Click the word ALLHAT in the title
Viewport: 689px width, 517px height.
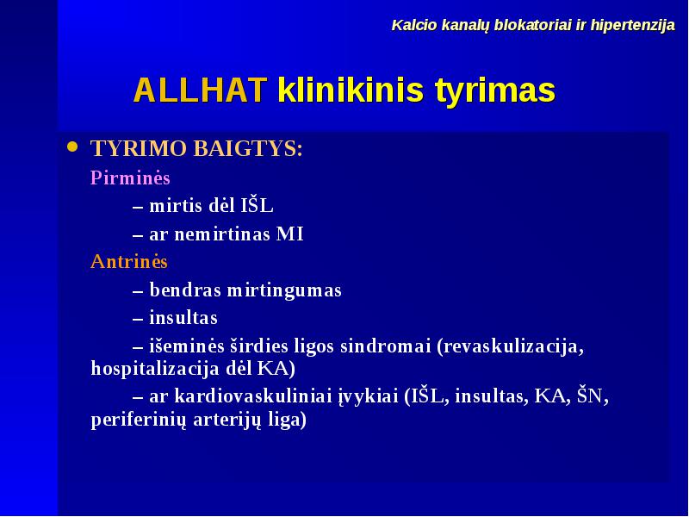pos(201,90)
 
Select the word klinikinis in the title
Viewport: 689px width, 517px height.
pos(351,90)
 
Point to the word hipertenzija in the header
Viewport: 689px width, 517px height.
pos(632,26)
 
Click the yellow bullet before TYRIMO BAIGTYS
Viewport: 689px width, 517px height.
pos(72,146)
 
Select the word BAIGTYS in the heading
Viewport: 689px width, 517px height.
pos(248,148)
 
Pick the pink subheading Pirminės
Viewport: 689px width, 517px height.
pos(130,178)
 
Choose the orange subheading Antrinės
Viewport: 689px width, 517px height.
pos(128,262)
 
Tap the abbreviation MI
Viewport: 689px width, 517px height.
pos(289,234)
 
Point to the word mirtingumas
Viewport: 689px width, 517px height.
pos(284,291)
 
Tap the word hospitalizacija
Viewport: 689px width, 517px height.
pos(155,369)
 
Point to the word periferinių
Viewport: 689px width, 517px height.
pos(139,420)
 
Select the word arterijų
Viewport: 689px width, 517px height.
pos(227,420)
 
